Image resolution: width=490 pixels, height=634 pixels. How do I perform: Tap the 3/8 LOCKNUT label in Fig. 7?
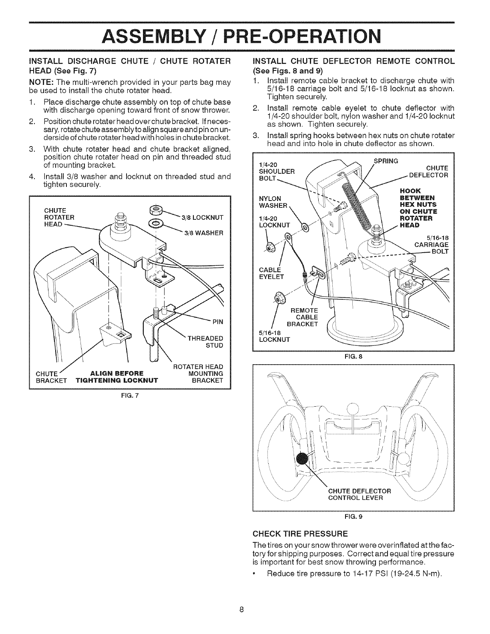pyautogui.click(x=202, y=217)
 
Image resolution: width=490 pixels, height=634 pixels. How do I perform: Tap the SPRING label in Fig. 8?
pyautogui.click(x=385, y=161)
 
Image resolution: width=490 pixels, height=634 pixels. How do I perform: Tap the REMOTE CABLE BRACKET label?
pyautogui.click(x=303, y=317)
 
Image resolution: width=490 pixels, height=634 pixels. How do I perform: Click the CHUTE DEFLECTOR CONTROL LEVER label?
pyautogui.click(x=359, y=494)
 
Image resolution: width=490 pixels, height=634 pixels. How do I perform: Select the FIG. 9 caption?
pyautogui.click(x=354, y=517)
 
